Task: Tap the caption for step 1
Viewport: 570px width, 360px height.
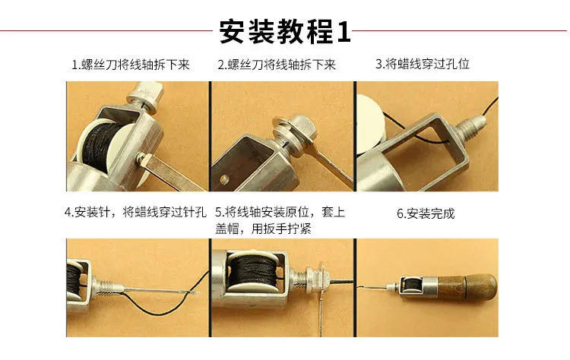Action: click(x=130, y=65)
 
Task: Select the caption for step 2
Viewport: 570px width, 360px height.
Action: click(x=276, y=65)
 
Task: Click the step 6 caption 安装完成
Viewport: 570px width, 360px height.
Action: click(x=426, y=213)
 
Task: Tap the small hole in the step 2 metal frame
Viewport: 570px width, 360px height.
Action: click(x=225, y=179)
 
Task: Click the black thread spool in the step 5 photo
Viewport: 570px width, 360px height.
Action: click(x=250, y=277)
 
